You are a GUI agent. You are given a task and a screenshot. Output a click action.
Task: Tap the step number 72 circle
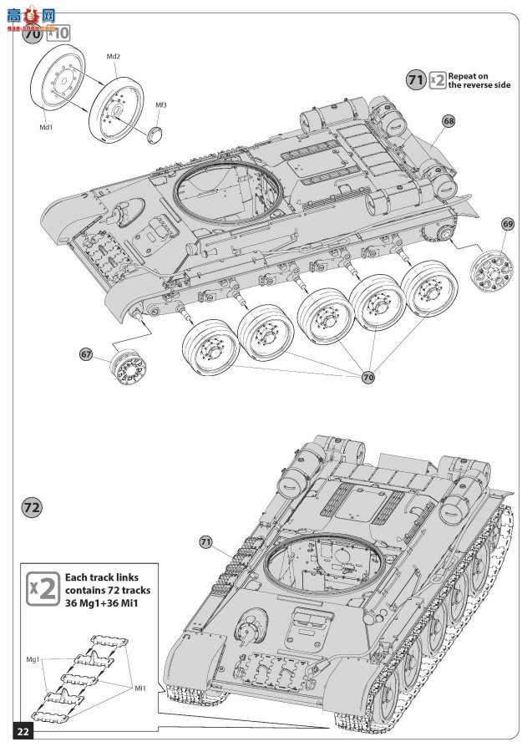(32, 507)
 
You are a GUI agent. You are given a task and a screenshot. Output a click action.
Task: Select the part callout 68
(449, 121)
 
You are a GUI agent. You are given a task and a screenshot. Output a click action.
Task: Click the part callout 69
(508, 223)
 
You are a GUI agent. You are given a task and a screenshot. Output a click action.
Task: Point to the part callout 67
(87, 353)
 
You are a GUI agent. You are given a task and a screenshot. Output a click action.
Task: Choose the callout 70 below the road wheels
(368, 377)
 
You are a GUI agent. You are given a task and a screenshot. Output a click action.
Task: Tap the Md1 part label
(47, 128)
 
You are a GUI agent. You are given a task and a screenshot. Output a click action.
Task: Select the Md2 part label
(114, 56)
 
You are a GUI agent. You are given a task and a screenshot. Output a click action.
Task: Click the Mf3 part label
(161, 104)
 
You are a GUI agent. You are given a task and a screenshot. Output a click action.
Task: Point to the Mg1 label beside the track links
(33, 660)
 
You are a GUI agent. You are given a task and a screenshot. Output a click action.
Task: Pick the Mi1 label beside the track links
(141, 688)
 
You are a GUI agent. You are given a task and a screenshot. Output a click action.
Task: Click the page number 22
(23, 731)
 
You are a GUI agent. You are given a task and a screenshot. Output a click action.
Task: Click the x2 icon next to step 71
(438, 80)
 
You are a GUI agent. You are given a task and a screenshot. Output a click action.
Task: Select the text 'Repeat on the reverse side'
(479, 80)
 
